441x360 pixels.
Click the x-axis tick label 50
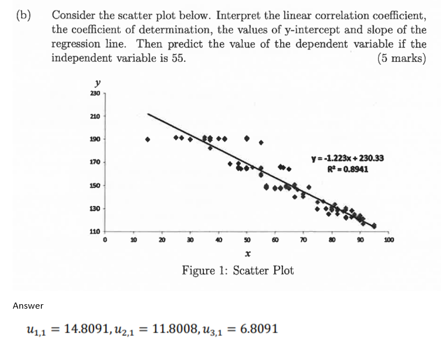(247, 241)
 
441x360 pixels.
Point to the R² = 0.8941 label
(348, 169)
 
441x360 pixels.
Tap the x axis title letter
(248, 255)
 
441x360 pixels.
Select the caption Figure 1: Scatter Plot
(238, 271)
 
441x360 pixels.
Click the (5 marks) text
(402, 57)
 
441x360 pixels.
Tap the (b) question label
(22, 15)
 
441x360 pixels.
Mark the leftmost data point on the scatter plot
(148, 139)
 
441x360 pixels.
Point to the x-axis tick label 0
(104, 241)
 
